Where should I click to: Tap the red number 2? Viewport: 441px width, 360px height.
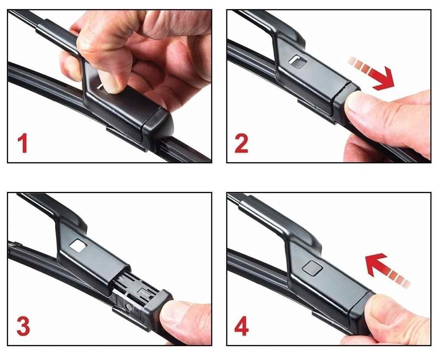click(x=242, y=143)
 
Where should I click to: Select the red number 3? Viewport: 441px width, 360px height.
click(x=23, y=326)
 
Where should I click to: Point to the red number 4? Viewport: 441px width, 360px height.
click(x=242, y=326)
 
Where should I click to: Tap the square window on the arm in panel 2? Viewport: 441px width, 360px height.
click(x=298, y=62)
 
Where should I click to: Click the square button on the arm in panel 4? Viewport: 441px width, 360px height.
click(x=312, y=267)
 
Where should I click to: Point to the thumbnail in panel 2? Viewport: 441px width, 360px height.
click(x=355, y=103)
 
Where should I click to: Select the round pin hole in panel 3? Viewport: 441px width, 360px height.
click(x=129, y=307)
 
